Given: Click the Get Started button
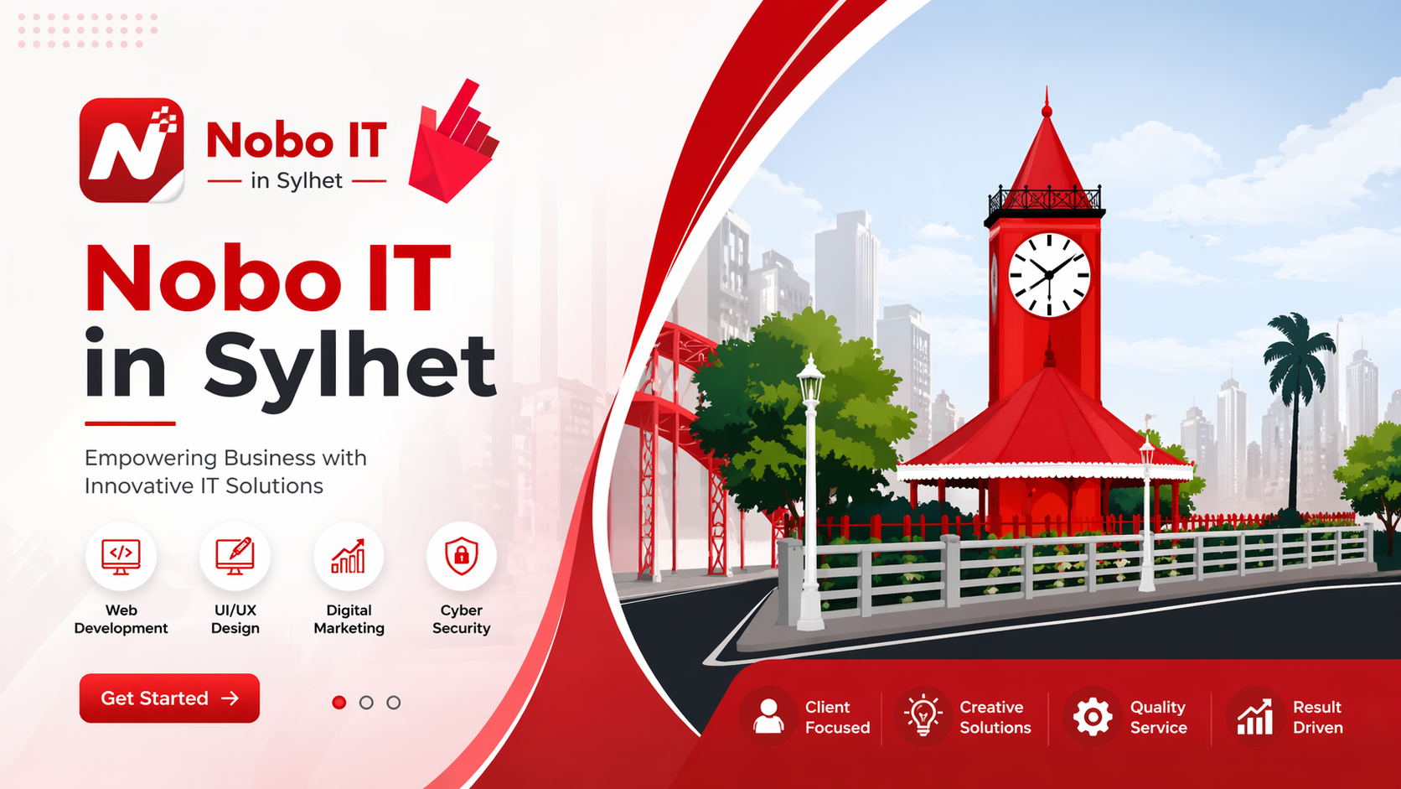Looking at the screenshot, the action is (169, 698).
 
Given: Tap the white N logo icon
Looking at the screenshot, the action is (132, 149).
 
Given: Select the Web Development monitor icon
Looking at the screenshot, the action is (121, 556).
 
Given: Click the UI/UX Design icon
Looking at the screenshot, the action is (235, 556).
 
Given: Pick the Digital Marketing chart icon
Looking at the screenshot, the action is (349, 556).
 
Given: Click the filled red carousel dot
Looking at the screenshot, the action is (339, 703).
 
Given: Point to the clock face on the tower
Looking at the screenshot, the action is (1050, 275).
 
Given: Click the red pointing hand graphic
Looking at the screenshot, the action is (454, 142).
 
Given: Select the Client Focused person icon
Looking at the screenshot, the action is (768, 716).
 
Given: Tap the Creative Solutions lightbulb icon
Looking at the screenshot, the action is (923, 714).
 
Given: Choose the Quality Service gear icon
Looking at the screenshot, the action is (1093, 716).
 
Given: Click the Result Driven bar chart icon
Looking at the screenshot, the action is (1255, 717).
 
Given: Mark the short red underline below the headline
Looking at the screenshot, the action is (130, 423).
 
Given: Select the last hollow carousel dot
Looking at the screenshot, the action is (394, 703).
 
